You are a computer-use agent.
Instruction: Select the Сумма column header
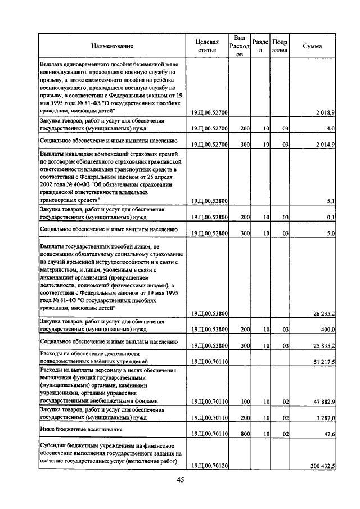click(x=312, y=46)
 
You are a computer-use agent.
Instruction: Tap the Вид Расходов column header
click(x=239, y=46)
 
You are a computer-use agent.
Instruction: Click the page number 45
click(x=181, y=480)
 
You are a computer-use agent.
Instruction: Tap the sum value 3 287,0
click(x=325, y=418)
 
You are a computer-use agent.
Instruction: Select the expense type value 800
click(x=245, y=434)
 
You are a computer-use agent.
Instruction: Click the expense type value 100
click(x=245, y=402)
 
